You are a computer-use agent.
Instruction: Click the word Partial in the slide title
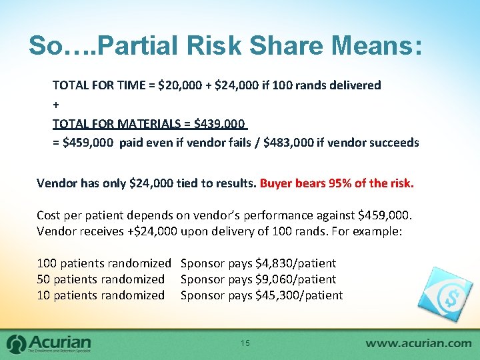point(127,45)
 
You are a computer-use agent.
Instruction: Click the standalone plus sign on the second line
point(56,105)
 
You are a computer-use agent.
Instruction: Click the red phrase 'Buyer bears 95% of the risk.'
point(337,183)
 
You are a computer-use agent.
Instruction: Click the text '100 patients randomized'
point(104,263)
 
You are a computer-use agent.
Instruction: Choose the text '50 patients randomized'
point(101,279)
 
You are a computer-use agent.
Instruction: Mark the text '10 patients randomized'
point(101,295)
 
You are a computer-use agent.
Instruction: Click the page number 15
point(245,343)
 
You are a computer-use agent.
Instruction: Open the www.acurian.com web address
point(418,343)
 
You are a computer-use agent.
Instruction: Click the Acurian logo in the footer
point(49,343)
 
